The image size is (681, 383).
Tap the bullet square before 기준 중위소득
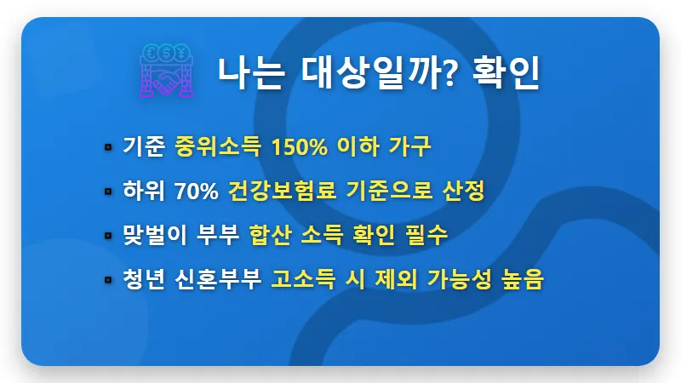[x=108, y=148]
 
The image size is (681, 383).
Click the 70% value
[x=196, y=191]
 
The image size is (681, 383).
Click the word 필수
[x=426, y=235]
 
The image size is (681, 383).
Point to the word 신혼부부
[x=220, y=279]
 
